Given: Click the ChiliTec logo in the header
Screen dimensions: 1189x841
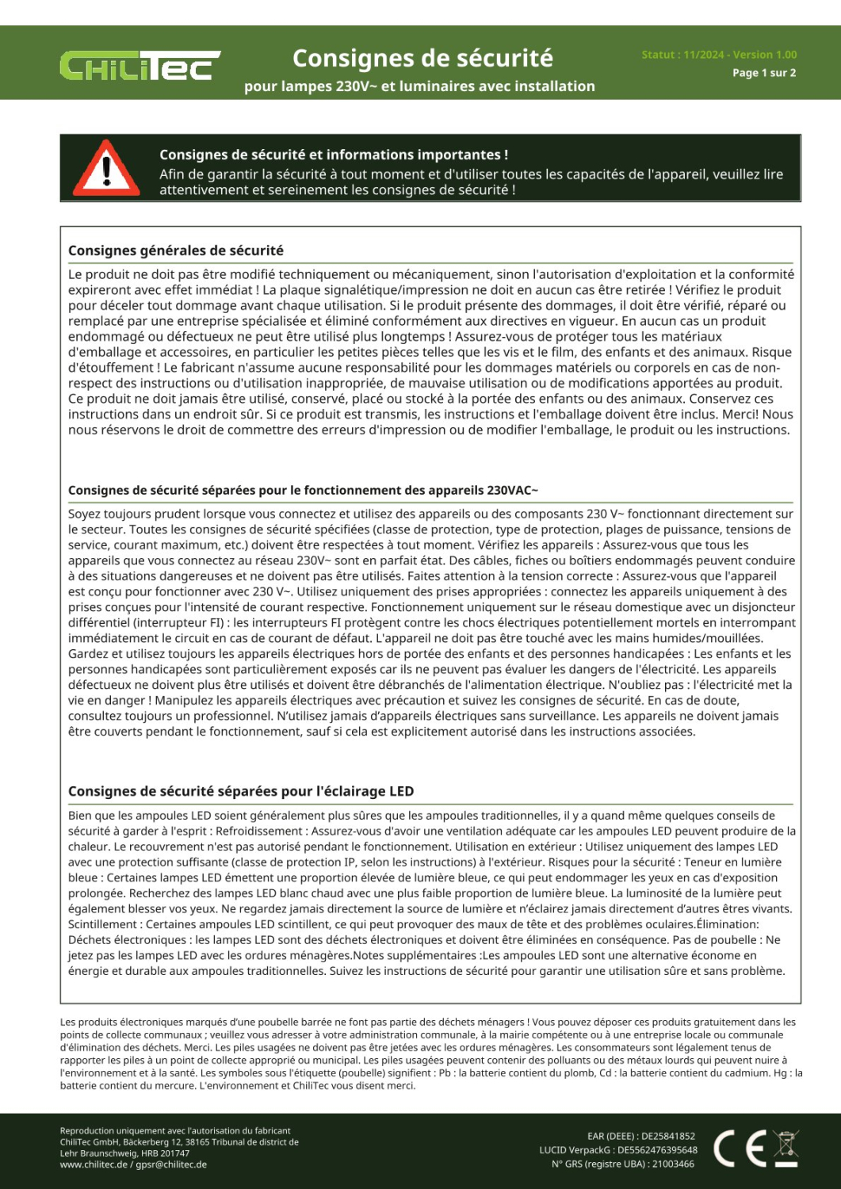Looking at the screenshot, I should coord(140,67).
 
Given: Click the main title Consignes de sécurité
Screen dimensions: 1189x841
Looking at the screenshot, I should coord(422,59).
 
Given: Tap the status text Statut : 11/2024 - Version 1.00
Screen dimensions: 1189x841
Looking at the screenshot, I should coord(719,55).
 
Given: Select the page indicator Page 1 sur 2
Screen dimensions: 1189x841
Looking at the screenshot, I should coord(764,73).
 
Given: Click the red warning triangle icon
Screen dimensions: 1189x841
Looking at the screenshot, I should coord(106,169).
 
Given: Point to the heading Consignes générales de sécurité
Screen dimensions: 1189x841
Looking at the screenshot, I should coord(176,250).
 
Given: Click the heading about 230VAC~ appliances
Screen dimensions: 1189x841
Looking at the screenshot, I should coord(303,491).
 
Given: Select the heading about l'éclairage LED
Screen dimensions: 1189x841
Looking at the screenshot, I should coord(241,791).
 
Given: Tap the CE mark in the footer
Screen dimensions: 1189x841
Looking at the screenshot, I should coord(740,1149).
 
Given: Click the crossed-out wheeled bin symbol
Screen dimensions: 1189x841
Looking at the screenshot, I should coord(786,1148).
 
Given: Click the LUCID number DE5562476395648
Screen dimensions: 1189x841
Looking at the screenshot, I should coord(657,1150).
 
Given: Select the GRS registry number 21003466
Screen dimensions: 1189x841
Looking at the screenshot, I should coord(673,1164).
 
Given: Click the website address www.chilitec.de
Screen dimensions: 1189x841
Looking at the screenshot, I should coord(94,1164).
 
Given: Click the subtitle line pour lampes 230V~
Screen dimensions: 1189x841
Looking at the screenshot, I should coord(419,86).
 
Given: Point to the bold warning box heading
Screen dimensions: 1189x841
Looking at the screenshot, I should coord(334,155).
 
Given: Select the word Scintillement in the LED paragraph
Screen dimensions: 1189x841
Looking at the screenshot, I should coord(102,924).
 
